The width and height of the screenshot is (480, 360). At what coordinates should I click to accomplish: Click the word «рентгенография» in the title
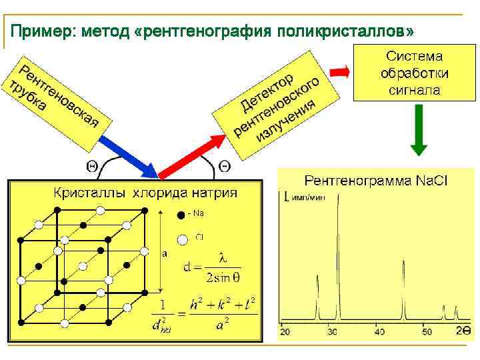point(207,31)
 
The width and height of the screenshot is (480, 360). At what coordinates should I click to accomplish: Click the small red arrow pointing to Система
point(340,71)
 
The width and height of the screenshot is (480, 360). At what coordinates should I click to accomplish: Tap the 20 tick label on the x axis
point(285,331)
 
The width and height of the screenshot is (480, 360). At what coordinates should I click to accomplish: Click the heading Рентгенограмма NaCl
point(376,181)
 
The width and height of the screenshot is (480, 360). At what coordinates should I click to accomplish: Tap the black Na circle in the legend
point(181,215)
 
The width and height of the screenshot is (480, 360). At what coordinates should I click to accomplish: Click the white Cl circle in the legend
point(182,239)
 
